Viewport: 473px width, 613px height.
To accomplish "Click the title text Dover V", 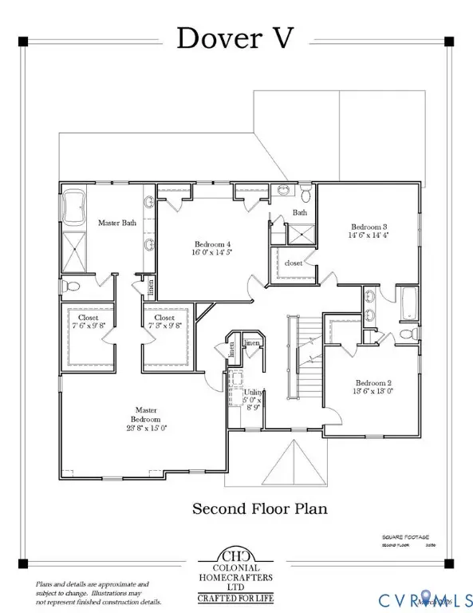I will [236, 38].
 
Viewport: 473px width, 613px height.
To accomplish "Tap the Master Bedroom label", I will [146, 419].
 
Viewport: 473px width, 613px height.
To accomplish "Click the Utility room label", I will [253, 393].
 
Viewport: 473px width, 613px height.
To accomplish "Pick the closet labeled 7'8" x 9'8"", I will [165, 321].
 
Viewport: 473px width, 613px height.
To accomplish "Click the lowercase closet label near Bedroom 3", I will [293, 262].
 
